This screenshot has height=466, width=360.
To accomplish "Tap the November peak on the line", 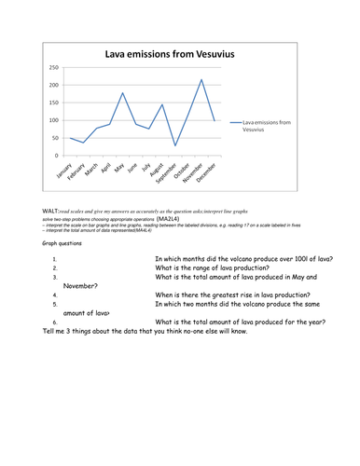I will coord(201,80).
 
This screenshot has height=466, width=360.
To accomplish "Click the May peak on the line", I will coord(122,93).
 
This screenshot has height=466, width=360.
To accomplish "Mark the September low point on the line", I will coord(175,145).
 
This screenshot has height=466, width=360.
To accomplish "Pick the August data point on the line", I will coord(162,104).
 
